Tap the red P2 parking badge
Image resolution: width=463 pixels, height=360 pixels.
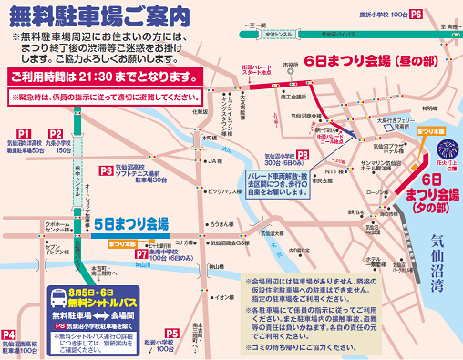coord(57,133)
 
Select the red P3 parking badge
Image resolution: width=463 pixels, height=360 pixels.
coord(108,170)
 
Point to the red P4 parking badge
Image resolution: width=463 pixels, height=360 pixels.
coord(10,334)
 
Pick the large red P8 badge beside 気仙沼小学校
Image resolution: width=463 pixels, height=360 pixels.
coord(302,156)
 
